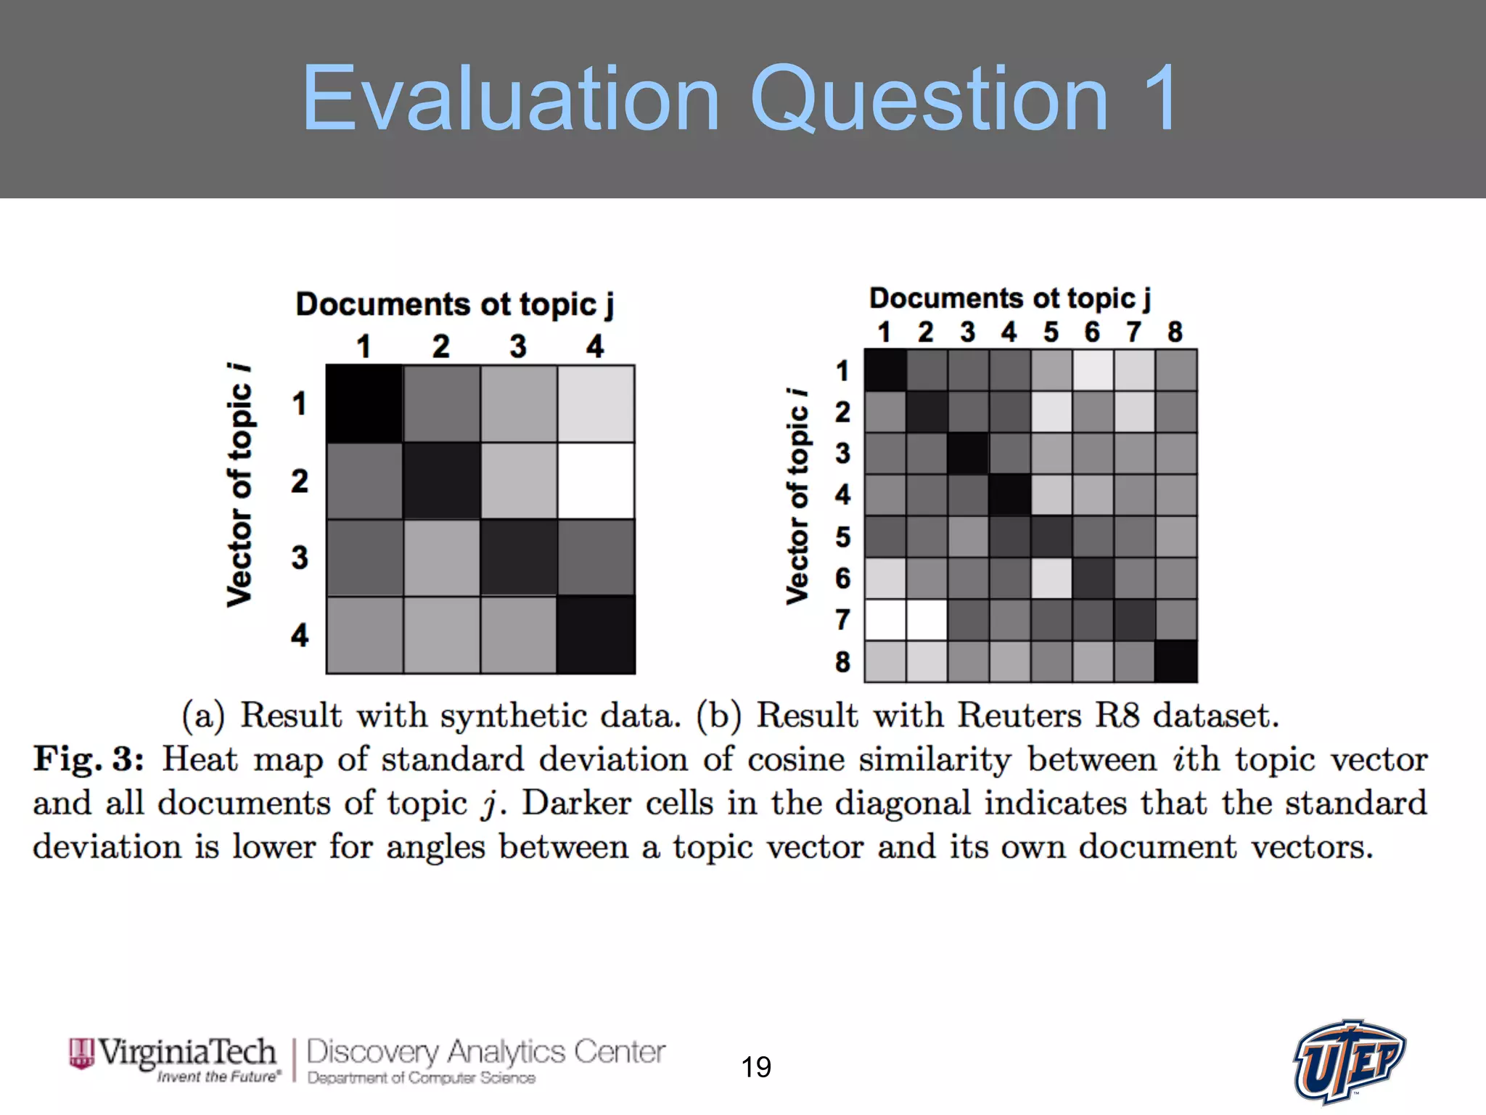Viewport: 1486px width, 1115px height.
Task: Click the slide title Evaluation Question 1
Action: [740, 98]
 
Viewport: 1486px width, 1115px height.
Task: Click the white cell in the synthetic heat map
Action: [596, 481]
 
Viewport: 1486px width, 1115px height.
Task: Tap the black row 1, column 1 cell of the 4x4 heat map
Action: [364, 404]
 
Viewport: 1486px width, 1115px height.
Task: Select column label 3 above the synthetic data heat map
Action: [518, 346]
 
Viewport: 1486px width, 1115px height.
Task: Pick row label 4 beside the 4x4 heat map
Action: [300, 635]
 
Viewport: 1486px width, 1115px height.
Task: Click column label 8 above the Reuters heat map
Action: [1175, 332]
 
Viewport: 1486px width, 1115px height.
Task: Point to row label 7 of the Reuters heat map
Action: [842, 620]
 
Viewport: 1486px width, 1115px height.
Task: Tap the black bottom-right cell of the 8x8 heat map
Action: [1175, 661]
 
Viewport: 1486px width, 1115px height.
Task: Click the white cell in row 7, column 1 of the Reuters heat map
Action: [884, 620]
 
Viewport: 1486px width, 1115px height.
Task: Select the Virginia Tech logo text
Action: [186, 1053]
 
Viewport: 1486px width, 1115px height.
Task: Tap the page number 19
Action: [755, 1067]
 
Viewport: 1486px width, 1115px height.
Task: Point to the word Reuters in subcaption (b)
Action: [1019, 716]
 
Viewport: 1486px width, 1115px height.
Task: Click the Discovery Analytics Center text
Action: [485, 1052]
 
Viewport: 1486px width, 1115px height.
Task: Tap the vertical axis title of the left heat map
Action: [239, 485]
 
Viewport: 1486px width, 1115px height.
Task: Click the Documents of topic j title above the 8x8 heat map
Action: [1009, 298]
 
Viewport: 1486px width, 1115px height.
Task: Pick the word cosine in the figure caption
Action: [796, 759]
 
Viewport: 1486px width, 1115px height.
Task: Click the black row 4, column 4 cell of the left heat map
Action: [596, 635]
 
